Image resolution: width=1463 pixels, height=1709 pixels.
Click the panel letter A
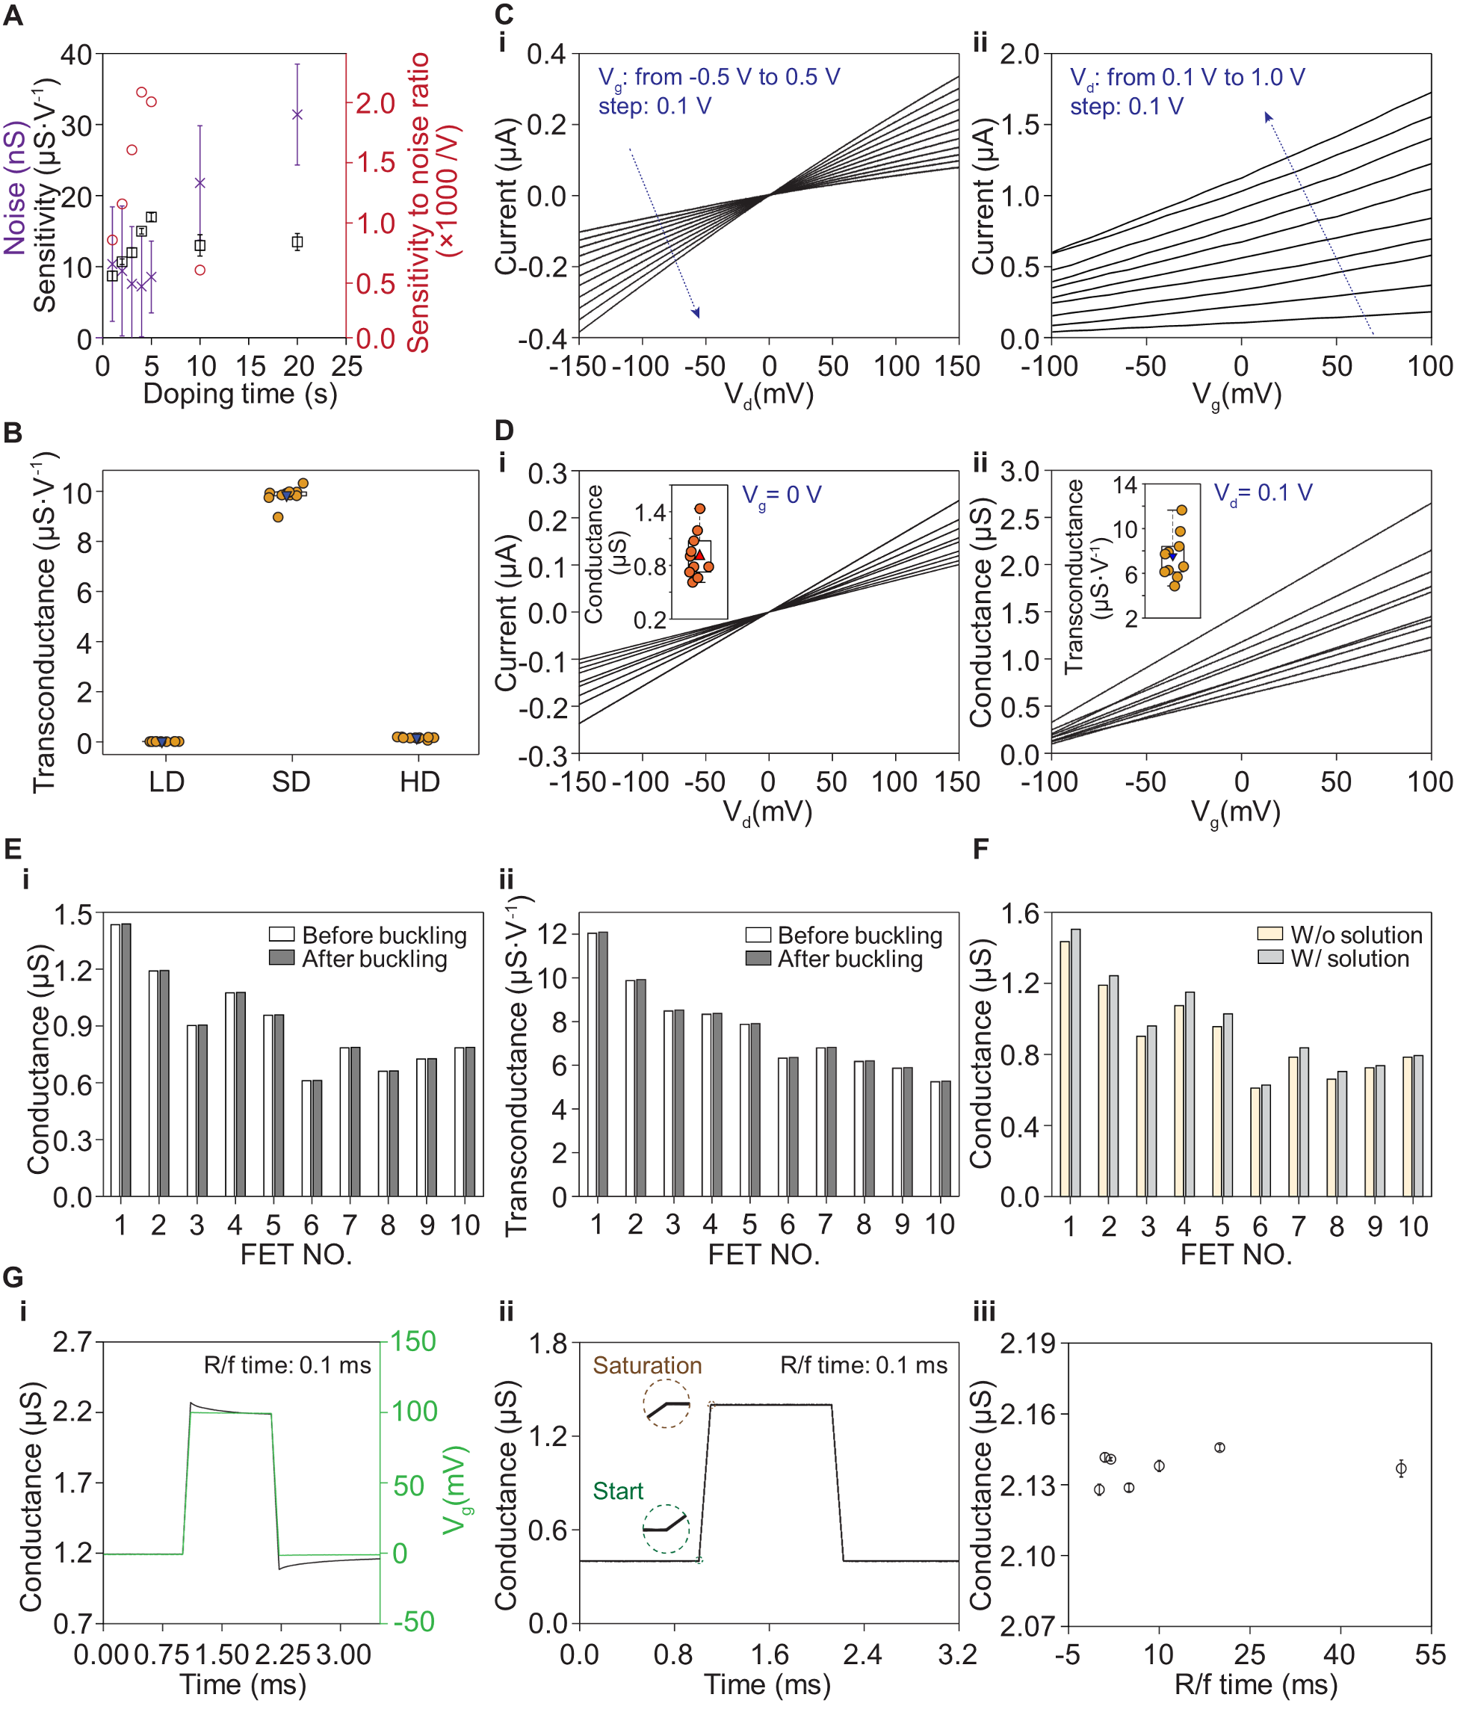tap(13, 16)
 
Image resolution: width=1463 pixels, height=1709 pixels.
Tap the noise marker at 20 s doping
tap(297, 114)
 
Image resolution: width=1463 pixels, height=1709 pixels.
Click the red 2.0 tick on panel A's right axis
tap(375, 103)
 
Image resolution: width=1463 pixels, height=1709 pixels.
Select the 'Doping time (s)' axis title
tap(240, 393)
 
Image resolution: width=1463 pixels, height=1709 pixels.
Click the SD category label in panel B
tap(291, 781)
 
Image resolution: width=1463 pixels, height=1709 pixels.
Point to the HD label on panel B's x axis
tap(420, 781)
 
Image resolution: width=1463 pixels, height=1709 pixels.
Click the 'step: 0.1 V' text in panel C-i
tap(655, 106)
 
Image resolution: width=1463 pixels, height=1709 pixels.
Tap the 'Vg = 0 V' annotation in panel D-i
tap(781, 495)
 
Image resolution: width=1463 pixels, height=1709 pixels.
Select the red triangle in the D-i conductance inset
tap(699, 555)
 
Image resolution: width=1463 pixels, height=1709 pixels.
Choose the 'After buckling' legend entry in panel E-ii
tap(850, 959)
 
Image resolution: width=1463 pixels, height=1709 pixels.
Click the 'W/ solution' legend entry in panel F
tap(1349, 959)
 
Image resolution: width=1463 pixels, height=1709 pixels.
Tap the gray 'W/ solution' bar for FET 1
tap(1075, 1063)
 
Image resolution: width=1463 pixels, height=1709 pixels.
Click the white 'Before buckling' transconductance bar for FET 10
tap(935, 1138)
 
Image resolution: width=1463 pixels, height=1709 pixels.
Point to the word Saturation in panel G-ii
tap(647, 1365)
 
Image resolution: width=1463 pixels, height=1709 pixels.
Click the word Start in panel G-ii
tap(618, 1491)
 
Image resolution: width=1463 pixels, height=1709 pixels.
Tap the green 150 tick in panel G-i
tap(413, 1341)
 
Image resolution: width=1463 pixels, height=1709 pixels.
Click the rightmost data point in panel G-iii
tap(1400, 1469)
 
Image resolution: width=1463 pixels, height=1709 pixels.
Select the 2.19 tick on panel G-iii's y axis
tap(1027, 1344)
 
